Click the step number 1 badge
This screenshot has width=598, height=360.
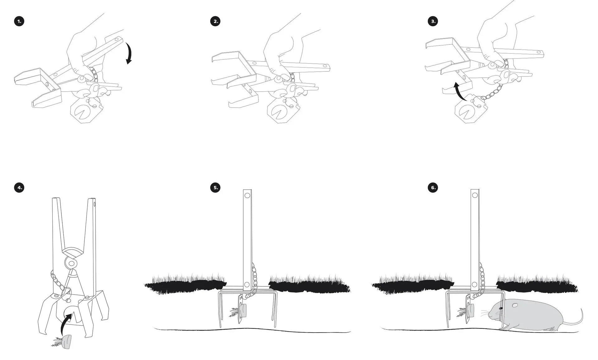click(x=19, y=21)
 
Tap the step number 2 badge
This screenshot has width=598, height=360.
click(x=215, y=21)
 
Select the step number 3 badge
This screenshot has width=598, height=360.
click(x=433, y=21)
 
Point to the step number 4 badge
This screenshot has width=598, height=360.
click(x=19, y=187)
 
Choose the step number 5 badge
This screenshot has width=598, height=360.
click(x=215, y=187)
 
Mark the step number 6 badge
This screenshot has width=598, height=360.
click(x=433, y=187)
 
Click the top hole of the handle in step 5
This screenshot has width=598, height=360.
click(x=247, y=196)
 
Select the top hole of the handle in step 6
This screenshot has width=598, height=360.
click(x=475, y=195)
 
